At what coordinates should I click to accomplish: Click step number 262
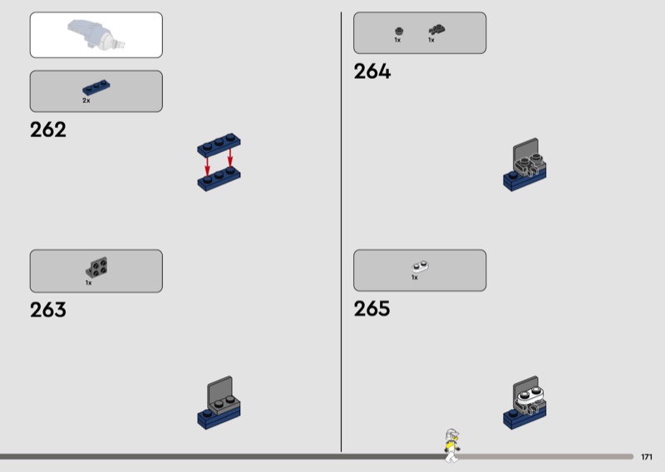(47, 130)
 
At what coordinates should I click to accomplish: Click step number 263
(47, 310)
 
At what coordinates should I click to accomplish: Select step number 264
(372, 72)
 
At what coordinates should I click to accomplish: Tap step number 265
(372, 309)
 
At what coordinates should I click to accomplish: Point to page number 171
(647, 457)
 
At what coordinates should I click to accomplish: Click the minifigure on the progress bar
(451, 445)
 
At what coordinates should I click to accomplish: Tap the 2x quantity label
(86, 101)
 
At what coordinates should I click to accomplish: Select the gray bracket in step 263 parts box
(98, 268)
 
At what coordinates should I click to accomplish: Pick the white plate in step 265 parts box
(420, 267)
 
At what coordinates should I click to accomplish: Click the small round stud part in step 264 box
(398, 31)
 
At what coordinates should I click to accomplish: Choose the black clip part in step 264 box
(436, 30)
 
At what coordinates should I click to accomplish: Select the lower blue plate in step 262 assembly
(219, 177)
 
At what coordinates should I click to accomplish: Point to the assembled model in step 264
(525, 166)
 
